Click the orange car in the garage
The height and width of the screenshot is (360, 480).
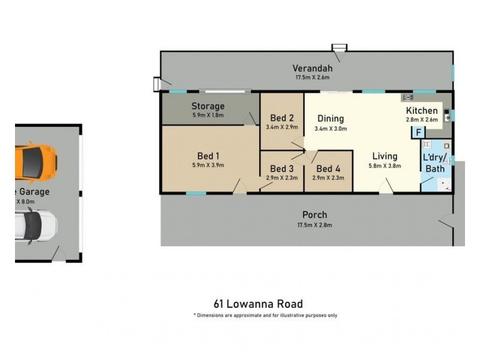click(x=37, y=161)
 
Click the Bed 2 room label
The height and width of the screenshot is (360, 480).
click(x=281, y=118)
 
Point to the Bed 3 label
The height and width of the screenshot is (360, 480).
click(x=281, y=169)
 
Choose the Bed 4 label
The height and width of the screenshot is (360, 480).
click(x=328, y=169)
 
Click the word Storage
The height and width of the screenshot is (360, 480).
click(x=208, y=106)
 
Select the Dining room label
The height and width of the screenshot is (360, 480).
click(x=331, y=118)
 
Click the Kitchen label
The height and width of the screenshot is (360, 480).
click(x=422, y=110)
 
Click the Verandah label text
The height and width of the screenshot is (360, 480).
click(x=313, y=68)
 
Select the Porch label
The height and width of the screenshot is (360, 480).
click(x=314, y=215)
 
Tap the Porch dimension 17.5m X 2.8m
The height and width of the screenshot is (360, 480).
click(x=314, y=225)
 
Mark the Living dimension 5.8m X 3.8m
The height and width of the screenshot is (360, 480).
click(x=385, y=166)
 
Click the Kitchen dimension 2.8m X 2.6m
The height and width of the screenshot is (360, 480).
click(x=422, y=119)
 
